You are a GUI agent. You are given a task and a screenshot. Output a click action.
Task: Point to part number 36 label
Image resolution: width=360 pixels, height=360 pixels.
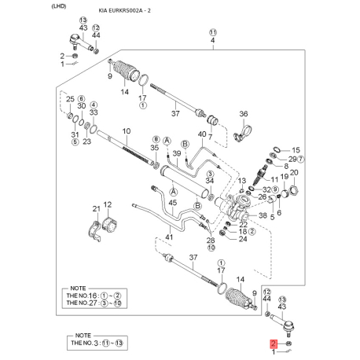click(x=243, y=113)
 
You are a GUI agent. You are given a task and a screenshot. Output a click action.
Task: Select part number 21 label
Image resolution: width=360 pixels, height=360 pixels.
click(x=96, y=208)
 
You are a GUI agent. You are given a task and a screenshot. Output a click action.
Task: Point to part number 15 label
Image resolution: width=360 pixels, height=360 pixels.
click(x=296, y=149)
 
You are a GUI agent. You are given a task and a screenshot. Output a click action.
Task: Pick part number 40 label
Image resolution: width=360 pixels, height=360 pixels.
click(x=202, y=134)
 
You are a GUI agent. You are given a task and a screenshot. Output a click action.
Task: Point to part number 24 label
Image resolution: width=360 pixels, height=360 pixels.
click(x=242, y=239)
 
